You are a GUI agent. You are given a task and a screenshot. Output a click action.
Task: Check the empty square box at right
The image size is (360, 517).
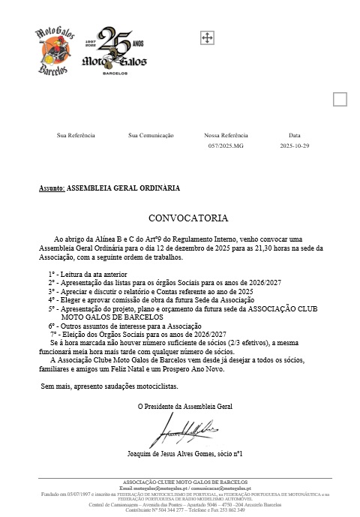(x=340, y=99)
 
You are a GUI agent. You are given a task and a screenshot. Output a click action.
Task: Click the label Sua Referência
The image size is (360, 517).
(x=76, y=135)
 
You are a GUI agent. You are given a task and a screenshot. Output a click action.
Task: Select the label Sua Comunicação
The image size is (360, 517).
(x=151, y=135)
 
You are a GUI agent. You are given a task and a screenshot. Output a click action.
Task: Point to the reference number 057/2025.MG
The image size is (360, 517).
(x=226, y=146)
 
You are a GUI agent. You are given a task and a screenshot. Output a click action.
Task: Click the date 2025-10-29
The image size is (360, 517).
(x=295, y=146)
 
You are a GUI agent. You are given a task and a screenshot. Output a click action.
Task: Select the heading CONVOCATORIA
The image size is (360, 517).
(x=187, y=218)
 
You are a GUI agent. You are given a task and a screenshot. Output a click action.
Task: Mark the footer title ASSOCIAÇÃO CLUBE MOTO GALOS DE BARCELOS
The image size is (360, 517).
(x=179, y=481)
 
